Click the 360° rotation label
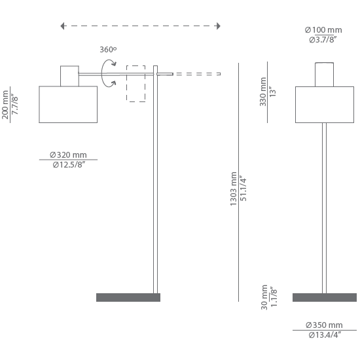108,49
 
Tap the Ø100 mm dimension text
323,30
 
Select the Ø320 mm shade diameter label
68,154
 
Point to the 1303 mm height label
233,189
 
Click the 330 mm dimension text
263,92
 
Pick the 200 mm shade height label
5,105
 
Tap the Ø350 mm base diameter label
324,325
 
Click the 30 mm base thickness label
264,297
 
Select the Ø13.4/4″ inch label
324,335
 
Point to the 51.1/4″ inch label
243,189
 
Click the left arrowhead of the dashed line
62,26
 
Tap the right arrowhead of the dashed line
219,26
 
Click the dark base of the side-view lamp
128,297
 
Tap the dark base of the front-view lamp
325,297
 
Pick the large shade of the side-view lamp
68,105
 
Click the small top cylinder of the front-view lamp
324,75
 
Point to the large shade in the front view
325,105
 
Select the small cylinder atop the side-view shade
69,76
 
